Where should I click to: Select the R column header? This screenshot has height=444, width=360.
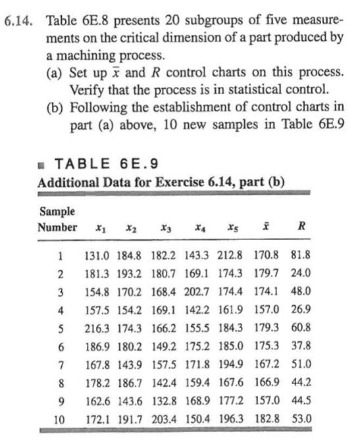pos(301,228)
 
